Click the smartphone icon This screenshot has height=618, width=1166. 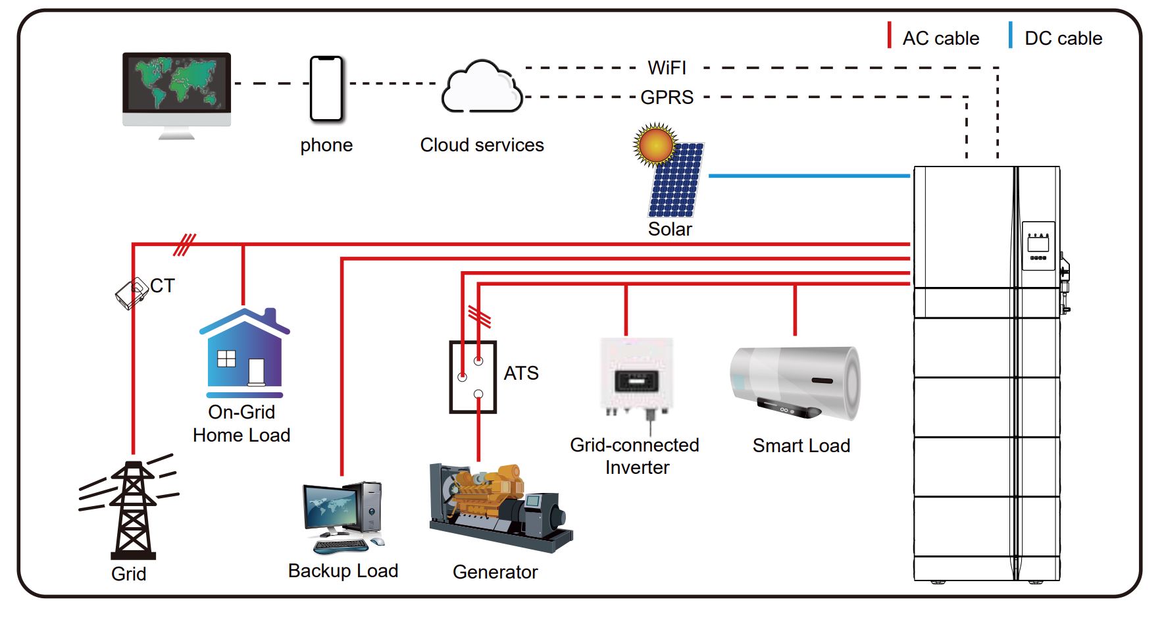tap(326, 89)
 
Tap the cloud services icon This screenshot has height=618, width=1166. tap(482, 88)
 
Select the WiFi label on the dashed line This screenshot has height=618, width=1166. tap(667, 68)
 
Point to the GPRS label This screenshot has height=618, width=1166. tap(667, 97)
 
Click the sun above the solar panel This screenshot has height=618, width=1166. tap(655, 144)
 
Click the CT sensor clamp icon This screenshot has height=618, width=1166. tap(132, 293)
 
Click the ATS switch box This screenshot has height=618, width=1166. tap(472, 377)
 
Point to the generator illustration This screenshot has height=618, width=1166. tap(500, 507)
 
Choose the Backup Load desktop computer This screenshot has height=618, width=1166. tap(343, 517)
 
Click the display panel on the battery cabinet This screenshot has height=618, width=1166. tap(1038, 245)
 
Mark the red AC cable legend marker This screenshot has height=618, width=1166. tap(889, 36)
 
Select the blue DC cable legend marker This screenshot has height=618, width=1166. tap(1011, 36)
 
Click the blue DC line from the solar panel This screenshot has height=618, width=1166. tap(809, 176)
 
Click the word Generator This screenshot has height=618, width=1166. tap(495, 572)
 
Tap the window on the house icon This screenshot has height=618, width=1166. tap(226, 359)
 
